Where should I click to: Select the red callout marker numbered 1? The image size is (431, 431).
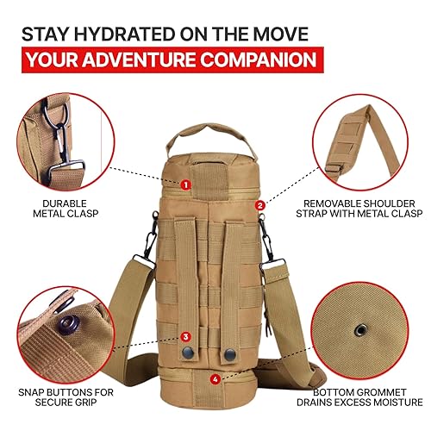click(185, 184)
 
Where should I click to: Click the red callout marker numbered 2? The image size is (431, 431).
click(260, 205)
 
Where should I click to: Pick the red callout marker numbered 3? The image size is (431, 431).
click(185, 337)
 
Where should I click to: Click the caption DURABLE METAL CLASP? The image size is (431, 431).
click(63, 209)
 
